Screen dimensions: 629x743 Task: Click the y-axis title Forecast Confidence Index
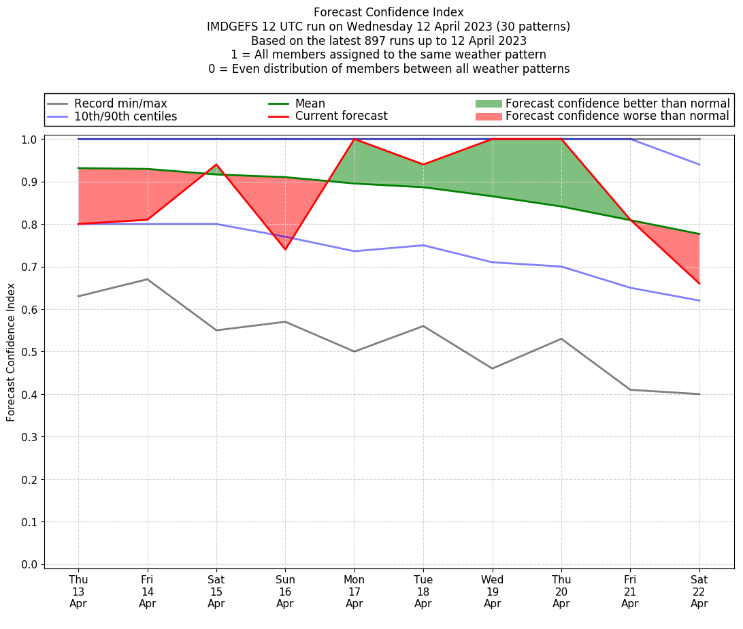click(x=11, y=353)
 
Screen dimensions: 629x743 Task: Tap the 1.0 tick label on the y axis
click(x=29, y=140)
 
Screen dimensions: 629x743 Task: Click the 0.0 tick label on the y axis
click(x=29, y=564)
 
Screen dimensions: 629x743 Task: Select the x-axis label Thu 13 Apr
click(x=78, y=591)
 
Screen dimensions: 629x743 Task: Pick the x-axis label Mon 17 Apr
click(x=354, y=591)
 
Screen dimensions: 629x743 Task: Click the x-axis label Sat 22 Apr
click(x=699, y=591)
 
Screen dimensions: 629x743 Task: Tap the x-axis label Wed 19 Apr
click(x=493, y=591)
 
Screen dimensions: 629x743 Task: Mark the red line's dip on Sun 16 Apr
click(x=285, y=250)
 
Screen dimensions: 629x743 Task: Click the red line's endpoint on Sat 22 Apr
click(x=699, y=284)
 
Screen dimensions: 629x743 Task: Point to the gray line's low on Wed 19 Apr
click(x=493, y=368)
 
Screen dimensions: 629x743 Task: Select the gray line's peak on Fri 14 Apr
click(x=148, y=279)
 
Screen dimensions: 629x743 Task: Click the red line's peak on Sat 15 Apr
click(x=216, y=165)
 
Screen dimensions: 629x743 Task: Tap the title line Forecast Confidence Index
click(x=389, y=12)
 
